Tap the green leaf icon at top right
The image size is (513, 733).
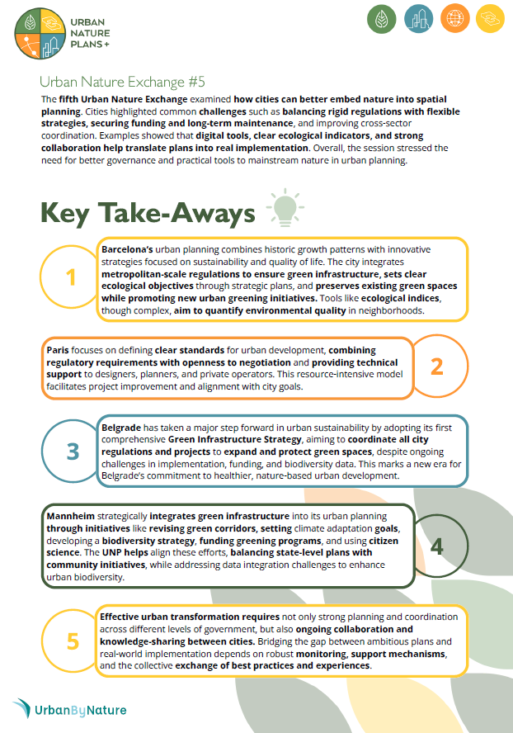381,18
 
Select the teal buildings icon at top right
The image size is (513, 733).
421,18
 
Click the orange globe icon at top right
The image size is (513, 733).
457,18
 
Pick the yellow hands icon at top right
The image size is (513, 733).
492,18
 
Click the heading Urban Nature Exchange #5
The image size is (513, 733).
122,82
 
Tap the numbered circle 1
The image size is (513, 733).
71,278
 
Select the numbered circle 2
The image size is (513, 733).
437,365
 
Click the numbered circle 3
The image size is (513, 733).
73,451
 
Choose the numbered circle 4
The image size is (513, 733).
437,546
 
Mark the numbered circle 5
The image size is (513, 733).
73,641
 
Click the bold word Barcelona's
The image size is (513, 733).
127,248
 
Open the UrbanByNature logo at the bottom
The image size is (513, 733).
70,709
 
